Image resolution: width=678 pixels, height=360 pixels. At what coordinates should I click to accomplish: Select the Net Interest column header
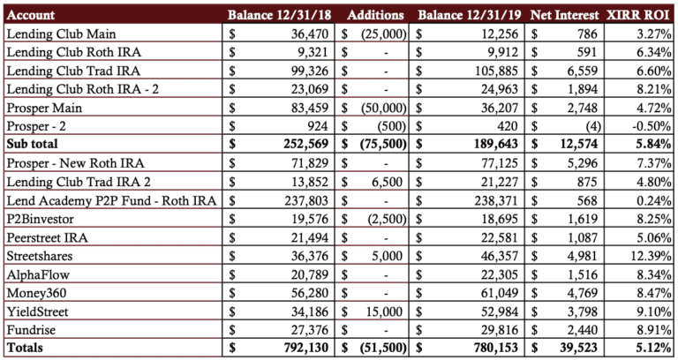565,15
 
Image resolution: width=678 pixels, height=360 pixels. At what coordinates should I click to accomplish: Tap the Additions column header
375,15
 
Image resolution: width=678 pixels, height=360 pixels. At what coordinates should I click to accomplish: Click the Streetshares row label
40,256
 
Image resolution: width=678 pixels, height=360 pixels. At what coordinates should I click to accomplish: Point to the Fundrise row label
31,330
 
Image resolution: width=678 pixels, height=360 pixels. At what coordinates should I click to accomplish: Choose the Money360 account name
36,293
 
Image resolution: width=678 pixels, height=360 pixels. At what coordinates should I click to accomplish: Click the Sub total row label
32,144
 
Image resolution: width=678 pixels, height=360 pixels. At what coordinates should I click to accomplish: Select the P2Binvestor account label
41,219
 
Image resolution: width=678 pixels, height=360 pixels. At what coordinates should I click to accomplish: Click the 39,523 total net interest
577,348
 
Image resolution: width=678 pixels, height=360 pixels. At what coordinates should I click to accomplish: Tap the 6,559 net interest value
583,71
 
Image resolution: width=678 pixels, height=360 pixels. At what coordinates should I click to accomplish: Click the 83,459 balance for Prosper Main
310,108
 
